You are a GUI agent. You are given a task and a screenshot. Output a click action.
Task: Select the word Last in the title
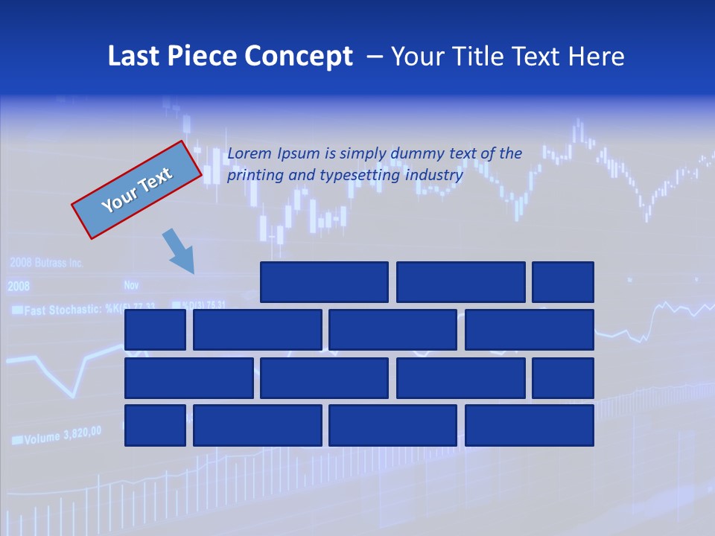point(133,57)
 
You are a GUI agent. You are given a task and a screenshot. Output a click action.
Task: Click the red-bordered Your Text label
point(136,190)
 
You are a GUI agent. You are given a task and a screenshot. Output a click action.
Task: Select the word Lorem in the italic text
point(250,153)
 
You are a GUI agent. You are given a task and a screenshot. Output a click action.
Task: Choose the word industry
point(434,176)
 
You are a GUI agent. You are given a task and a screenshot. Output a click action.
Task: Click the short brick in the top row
point(563,282)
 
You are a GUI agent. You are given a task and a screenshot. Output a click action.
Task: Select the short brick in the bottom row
point(155,426)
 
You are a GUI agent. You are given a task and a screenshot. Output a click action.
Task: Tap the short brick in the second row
point(155,330)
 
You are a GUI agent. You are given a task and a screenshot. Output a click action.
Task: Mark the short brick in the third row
point(563,378)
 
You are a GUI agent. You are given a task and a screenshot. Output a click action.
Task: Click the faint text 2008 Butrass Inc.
point(46,263)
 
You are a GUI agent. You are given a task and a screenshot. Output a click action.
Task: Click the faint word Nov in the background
point(131,285)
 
